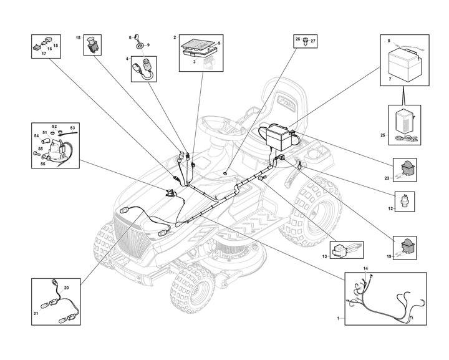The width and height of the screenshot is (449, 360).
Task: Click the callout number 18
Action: [79, 39]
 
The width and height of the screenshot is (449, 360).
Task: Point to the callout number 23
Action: [387, 178]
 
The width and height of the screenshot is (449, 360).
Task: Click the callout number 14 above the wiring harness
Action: [366, 268]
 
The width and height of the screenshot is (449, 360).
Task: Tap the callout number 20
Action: [67, 287]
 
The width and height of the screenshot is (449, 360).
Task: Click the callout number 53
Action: [72, 128]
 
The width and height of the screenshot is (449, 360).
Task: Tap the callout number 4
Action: [128, 60]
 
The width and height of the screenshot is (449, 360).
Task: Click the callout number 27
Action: [314, 41]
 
